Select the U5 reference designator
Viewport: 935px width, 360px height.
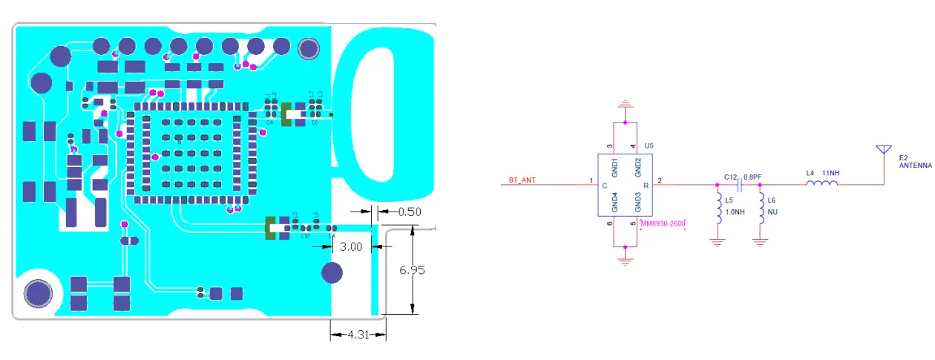(x=649, y=146)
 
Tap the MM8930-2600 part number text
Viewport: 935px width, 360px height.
(x=661, y=223)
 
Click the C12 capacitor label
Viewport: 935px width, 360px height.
(x=732, y=177)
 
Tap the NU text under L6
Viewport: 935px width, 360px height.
(x=772, y=212)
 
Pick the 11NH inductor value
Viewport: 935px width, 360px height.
(x=832, y=174)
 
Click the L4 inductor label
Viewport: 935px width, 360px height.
(x=810, y=174)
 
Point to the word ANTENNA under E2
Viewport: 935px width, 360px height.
(x=914, y=166)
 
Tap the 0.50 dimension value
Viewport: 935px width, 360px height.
(x=410, y=212)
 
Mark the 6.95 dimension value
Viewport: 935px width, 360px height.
(x=412, y=270)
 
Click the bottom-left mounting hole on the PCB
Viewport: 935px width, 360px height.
(x=37, y=293)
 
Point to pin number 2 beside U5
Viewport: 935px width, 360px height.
(x=660, y=180)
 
